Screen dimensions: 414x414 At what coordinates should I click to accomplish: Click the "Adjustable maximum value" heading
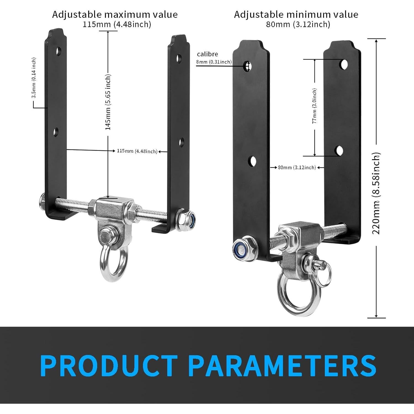(x=115, y=14)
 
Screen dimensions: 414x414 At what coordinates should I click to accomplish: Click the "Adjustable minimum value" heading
(x=296, y=14)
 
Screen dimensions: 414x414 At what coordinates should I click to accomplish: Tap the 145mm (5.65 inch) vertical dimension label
(x=108, y=102)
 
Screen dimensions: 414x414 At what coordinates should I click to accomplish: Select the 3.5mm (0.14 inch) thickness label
(x=34, y=78)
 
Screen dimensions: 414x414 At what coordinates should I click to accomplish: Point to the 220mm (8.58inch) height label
(x=376, y=193)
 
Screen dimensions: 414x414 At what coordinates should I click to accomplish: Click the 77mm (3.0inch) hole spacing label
(x=315, y=106)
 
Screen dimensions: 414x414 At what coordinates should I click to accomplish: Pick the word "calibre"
(x=207, y=54)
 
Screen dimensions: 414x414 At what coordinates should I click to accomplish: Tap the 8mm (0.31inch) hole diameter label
(x=214, y=62)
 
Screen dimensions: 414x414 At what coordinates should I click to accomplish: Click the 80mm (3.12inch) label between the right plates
(x=297, y=167)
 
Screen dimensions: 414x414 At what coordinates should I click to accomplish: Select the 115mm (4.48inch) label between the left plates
(x=137, y=151)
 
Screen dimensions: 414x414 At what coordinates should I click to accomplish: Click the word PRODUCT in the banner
(x=109, y=365)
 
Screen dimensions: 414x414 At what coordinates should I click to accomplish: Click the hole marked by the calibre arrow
(x=248, y=66)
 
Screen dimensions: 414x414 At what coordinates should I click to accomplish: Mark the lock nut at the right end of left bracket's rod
(x=185, y=217)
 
